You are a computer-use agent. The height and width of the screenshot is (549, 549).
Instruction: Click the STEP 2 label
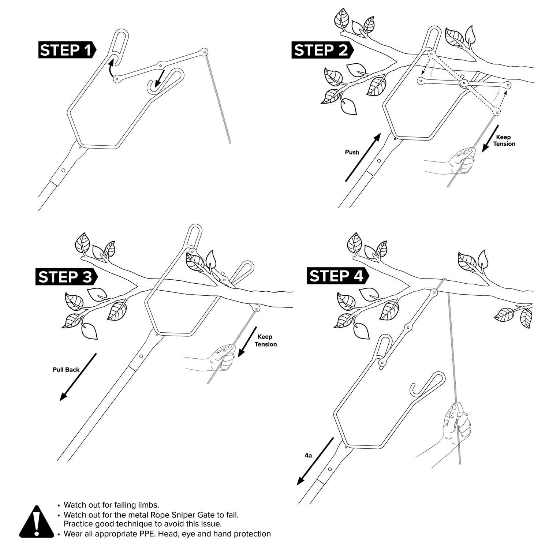[321, 50]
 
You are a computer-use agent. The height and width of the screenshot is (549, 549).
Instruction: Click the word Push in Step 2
[352, 152]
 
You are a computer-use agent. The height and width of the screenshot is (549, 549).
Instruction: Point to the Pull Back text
[66, 370]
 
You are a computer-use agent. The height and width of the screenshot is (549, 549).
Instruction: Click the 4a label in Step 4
[308, 455]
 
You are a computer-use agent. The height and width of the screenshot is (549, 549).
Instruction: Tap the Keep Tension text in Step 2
[504, 141]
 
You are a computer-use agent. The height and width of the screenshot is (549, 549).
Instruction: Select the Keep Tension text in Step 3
[265, 340]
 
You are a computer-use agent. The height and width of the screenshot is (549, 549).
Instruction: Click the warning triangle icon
[36, 523]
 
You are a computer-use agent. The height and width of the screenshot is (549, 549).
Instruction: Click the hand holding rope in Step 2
[462, 160]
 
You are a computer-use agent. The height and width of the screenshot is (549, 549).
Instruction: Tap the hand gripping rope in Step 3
[223, 357]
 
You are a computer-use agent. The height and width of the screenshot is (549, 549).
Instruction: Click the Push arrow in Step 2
[363, 158]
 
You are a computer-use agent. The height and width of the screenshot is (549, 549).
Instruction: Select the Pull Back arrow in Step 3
[78, 377]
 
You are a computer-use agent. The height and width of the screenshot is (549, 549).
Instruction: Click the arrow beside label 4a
[315, 461]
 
